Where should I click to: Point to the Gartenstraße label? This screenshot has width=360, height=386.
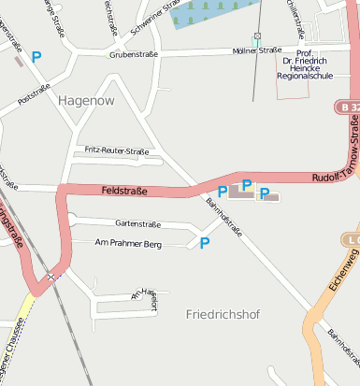[137, 224]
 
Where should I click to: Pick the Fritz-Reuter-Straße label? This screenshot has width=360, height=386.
[117, 150]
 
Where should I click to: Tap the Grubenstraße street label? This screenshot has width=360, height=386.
[134, 54]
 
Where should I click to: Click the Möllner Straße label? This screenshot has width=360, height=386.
[257, 50]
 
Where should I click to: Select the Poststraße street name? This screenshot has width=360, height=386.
[35, 93]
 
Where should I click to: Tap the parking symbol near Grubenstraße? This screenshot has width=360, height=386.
[36, 57]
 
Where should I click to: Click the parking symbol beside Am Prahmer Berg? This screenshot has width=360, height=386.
[205, 243]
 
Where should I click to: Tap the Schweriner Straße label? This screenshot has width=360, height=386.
[155, 17]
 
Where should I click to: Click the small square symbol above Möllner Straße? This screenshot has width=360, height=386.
[256, 36]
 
